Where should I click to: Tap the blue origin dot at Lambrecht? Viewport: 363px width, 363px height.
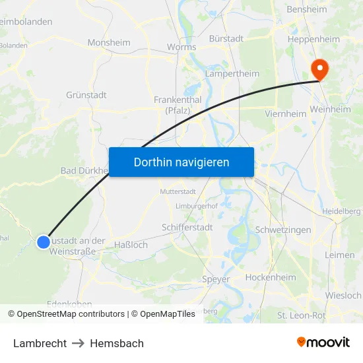coord(43,242)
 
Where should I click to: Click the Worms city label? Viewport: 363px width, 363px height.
coord(181,48)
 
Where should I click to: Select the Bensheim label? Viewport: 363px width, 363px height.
coord(307,10)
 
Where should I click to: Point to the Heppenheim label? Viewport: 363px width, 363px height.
coord(313,40)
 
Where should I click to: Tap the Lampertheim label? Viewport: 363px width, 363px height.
coord(232,74)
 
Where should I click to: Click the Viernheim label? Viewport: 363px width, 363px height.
coord(285,114)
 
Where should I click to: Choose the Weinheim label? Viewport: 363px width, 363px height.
coord(330,110)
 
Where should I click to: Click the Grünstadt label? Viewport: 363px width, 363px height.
coord(86,95)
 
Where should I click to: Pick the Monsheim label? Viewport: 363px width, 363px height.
coord(109,43)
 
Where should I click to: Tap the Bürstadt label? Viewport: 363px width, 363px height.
coord(226,39)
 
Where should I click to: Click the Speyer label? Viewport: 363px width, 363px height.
coord(216,279)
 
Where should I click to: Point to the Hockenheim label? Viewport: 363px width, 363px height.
coord(270,278)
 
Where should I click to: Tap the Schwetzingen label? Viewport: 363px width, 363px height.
coord(282,230)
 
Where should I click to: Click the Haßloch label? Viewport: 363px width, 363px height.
coord(131,245)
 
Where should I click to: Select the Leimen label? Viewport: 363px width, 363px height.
coord(339,255)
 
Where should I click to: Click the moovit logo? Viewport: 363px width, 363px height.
coord(323,343)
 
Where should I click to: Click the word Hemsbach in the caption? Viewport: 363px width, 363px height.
coord(117,343)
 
